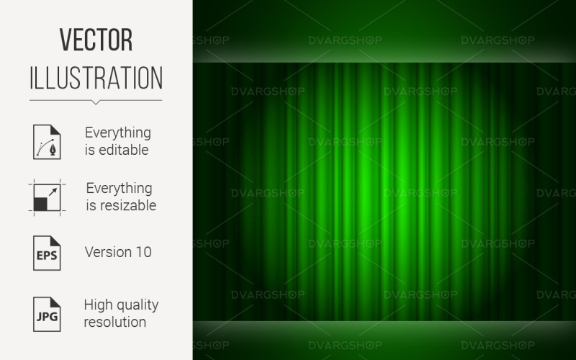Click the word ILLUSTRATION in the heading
[96, 77]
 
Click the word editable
[124, 150]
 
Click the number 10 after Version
[142, 252]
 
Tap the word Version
[106, 252]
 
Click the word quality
[138, 304]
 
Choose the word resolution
[115, 321]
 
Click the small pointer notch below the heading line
[96, 102]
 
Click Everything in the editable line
[118, 132]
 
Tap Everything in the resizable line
[119, 188]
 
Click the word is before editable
[89, 150]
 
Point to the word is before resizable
[90, 206]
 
